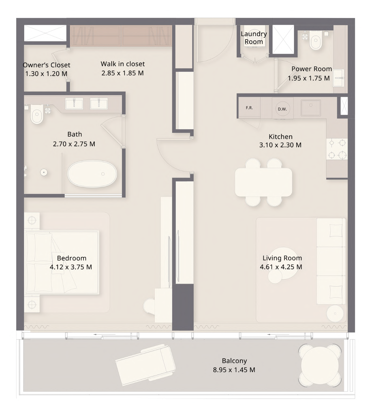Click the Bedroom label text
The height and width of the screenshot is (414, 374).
71,258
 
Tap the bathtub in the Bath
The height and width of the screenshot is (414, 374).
92,174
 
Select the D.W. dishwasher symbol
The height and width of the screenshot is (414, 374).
282,109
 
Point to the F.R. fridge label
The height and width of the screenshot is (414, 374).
249,108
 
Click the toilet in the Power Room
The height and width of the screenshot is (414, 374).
315,42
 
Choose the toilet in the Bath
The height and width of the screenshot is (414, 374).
37,114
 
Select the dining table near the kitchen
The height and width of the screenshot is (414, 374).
264,182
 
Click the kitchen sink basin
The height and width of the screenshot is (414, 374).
311,108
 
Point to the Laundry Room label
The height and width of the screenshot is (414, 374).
254,38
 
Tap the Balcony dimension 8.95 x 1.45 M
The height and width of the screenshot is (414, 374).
234,370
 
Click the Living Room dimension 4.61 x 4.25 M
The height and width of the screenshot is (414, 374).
281,267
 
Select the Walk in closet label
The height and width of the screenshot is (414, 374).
123,64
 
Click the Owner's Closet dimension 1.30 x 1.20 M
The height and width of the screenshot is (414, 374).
46,74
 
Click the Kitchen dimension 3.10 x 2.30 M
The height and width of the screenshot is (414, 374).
280,145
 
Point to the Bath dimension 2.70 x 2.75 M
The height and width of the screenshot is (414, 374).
74,144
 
